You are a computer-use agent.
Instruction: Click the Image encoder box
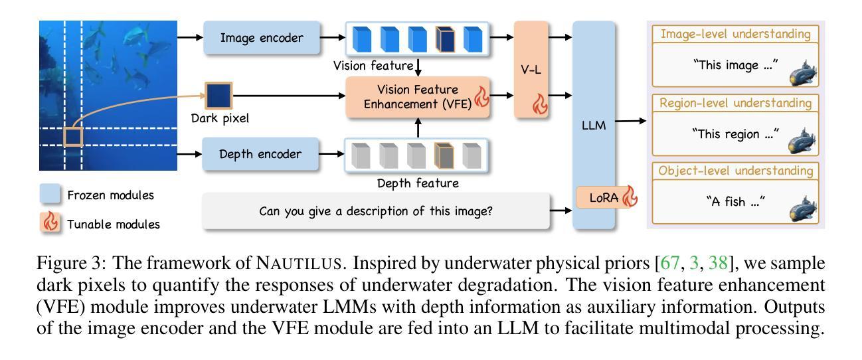260,39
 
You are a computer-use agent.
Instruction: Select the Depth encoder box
260,155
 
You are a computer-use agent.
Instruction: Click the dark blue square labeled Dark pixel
218,97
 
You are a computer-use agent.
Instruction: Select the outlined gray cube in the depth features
444,155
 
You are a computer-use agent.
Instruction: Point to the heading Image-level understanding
736,33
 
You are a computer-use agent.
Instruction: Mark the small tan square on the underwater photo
72,137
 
